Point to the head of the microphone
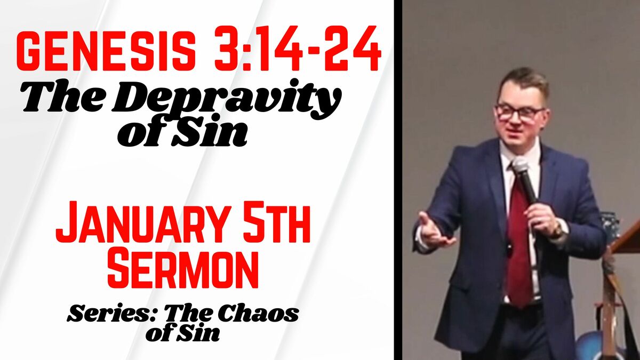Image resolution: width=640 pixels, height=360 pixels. click(x=521, y=166)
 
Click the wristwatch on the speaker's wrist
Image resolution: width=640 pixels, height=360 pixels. click(x=558, y=230)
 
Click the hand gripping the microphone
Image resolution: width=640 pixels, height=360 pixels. click(x=540, y=219)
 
